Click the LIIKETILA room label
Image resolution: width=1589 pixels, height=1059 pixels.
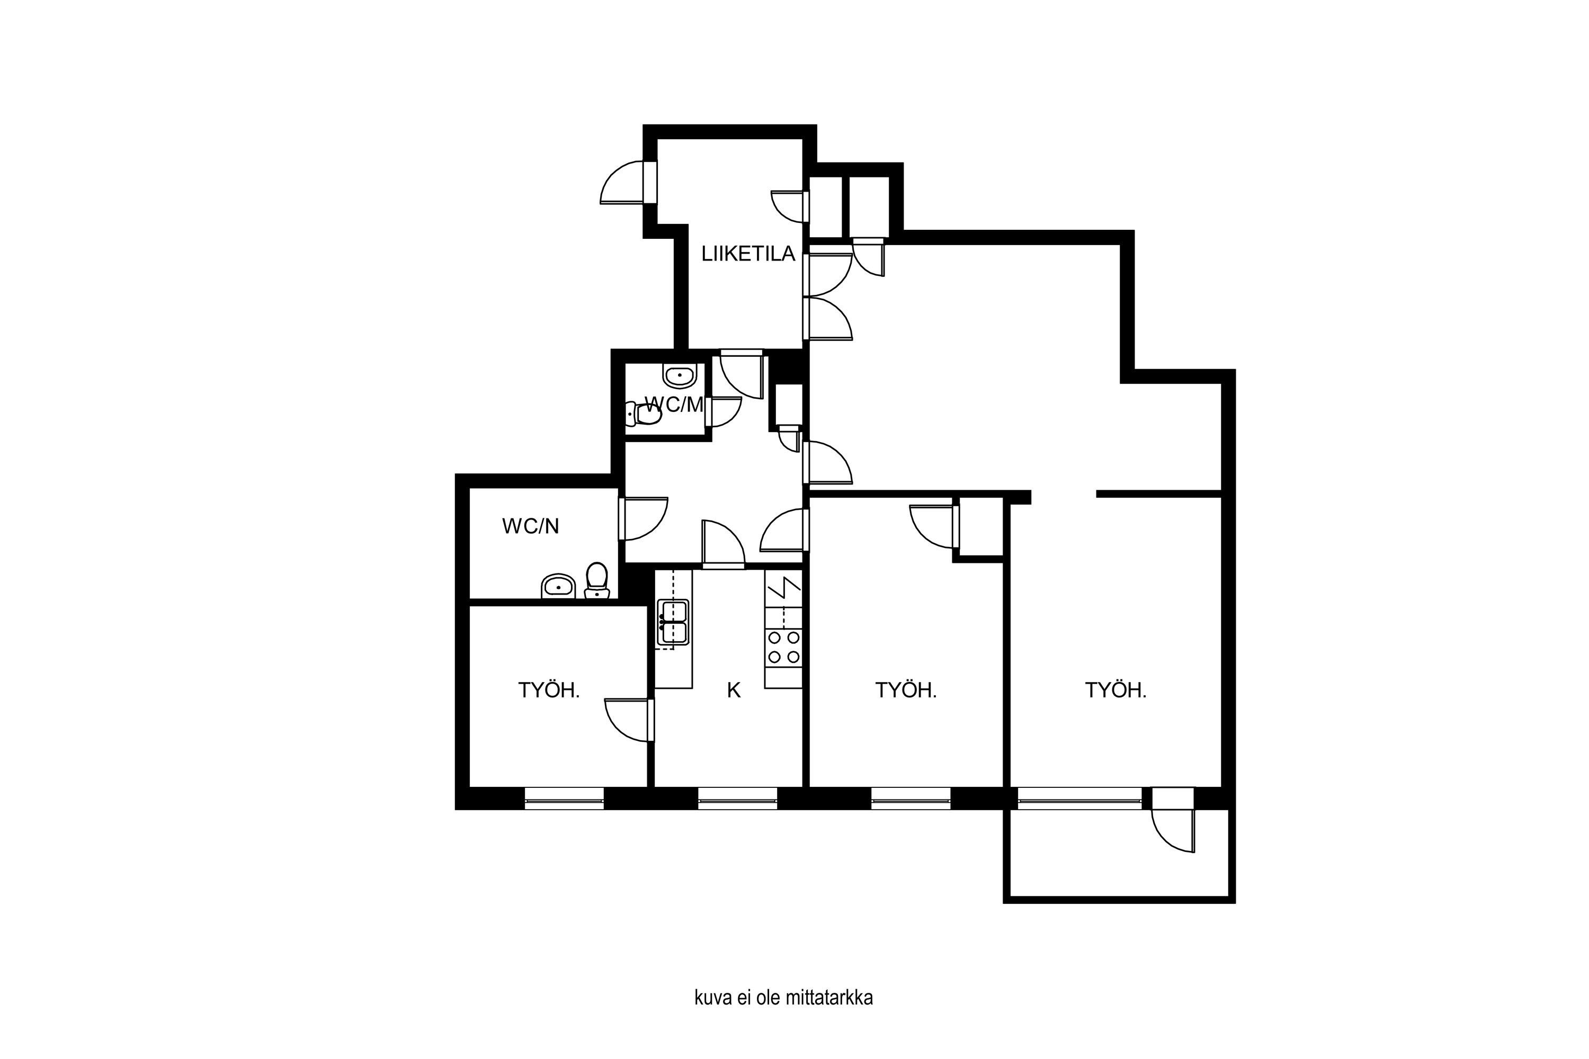(748, 254)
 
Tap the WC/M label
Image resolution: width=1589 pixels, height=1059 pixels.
(674, 405)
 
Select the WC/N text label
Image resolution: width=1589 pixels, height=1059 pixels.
(530, 526)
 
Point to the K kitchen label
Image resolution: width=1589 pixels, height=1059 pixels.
(734, 690)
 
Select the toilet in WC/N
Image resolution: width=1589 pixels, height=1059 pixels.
(596, 581)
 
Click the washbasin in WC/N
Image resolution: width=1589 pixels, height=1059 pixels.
(558, 586)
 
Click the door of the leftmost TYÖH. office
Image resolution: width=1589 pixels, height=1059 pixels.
(630, 720)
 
